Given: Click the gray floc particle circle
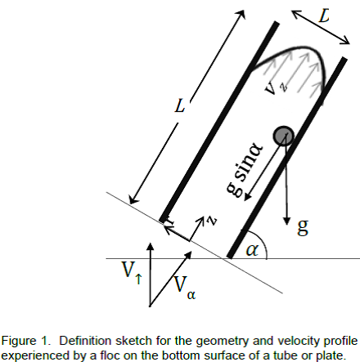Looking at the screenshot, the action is pos(284,136).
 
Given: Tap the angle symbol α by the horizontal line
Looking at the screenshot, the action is pos(252,250).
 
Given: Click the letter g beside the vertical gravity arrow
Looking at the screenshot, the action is pos(303,226).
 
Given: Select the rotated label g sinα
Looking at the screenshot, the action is pos(245,169).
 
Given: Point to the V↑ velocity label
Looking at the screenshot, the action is pos(132,272).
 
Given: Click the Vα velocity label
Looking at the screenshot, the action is pos(184,288).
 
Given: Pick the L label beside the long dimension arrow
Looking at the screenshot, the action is pos(180,105).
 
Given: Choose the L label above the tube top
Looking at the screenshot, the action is pos(324,16).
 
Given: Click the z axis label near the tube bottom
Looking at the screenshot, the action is pos(212,221).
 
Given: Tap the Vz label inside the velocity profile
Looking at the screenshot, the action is pos(276,87).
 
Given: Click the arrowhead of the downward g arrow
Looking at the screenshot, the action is pos(286,221).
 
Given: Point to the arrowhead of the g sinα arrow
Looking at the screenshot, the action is pos(247,197).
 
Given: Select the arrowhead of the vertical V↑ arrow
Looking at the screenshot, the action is pos(151,246).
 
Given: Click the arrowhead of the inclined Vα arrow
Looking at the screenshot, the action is pos(189,255).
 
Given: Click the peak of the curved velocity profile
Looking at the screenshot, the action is pos(300,48).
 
